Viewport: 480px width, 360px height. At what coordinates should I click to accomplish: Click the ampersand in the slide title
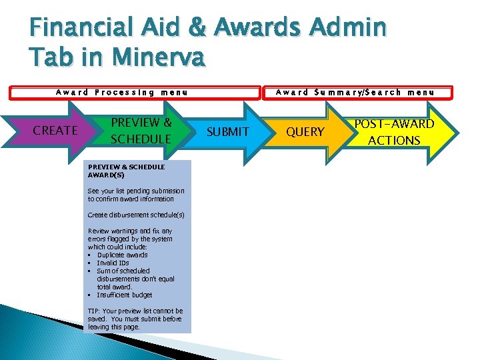(193, 29)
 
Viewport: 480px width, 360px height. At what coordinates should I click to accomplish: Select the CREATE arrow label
(55, 131)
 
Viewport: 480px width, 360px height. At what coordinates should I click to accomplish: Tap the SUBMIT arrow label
(228, 132)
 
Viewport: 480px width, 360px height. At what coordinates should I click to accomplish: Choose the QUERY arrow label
(305, 132)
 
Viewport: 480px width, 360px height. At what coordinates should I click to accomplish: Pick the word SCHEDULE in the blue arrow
(141, 139)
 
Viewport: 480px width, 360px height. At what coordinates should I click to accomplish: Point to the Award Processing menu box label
(121, 93)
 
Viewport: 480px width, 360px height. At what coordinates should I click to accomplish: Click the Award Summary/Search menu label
(355, 93)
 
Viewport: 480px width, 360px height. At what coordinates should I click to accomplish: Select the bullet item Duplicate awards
(122, 255)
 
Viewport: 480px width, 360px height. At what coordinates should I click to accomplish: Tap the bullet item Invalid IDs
(113, 263)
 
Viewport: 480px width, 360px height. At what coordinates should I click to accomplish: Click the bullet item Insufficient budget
(124, 295)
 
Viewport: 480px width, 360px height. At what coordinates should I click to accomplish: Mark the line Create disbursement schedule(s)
(136, 215)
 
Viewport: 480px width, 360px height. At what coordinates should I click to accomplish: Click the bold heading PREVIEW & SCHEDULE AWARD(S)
(126, 171)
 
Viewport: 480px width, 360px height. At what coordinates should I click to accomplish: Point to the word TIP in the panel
(93, 311)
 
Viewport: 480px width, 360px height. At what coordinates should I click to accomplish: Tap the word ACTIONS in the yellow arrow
(394, 140)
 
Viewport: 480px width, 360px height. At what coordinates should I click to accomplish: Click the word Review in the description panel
(98, 231)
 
